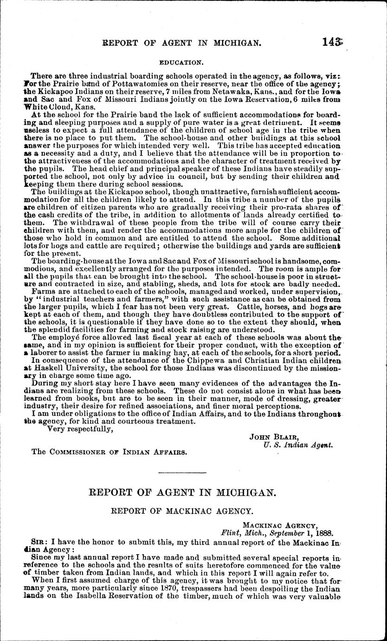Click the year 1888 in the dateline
point(323,533)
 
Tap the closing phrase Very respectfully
point(80,429)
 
